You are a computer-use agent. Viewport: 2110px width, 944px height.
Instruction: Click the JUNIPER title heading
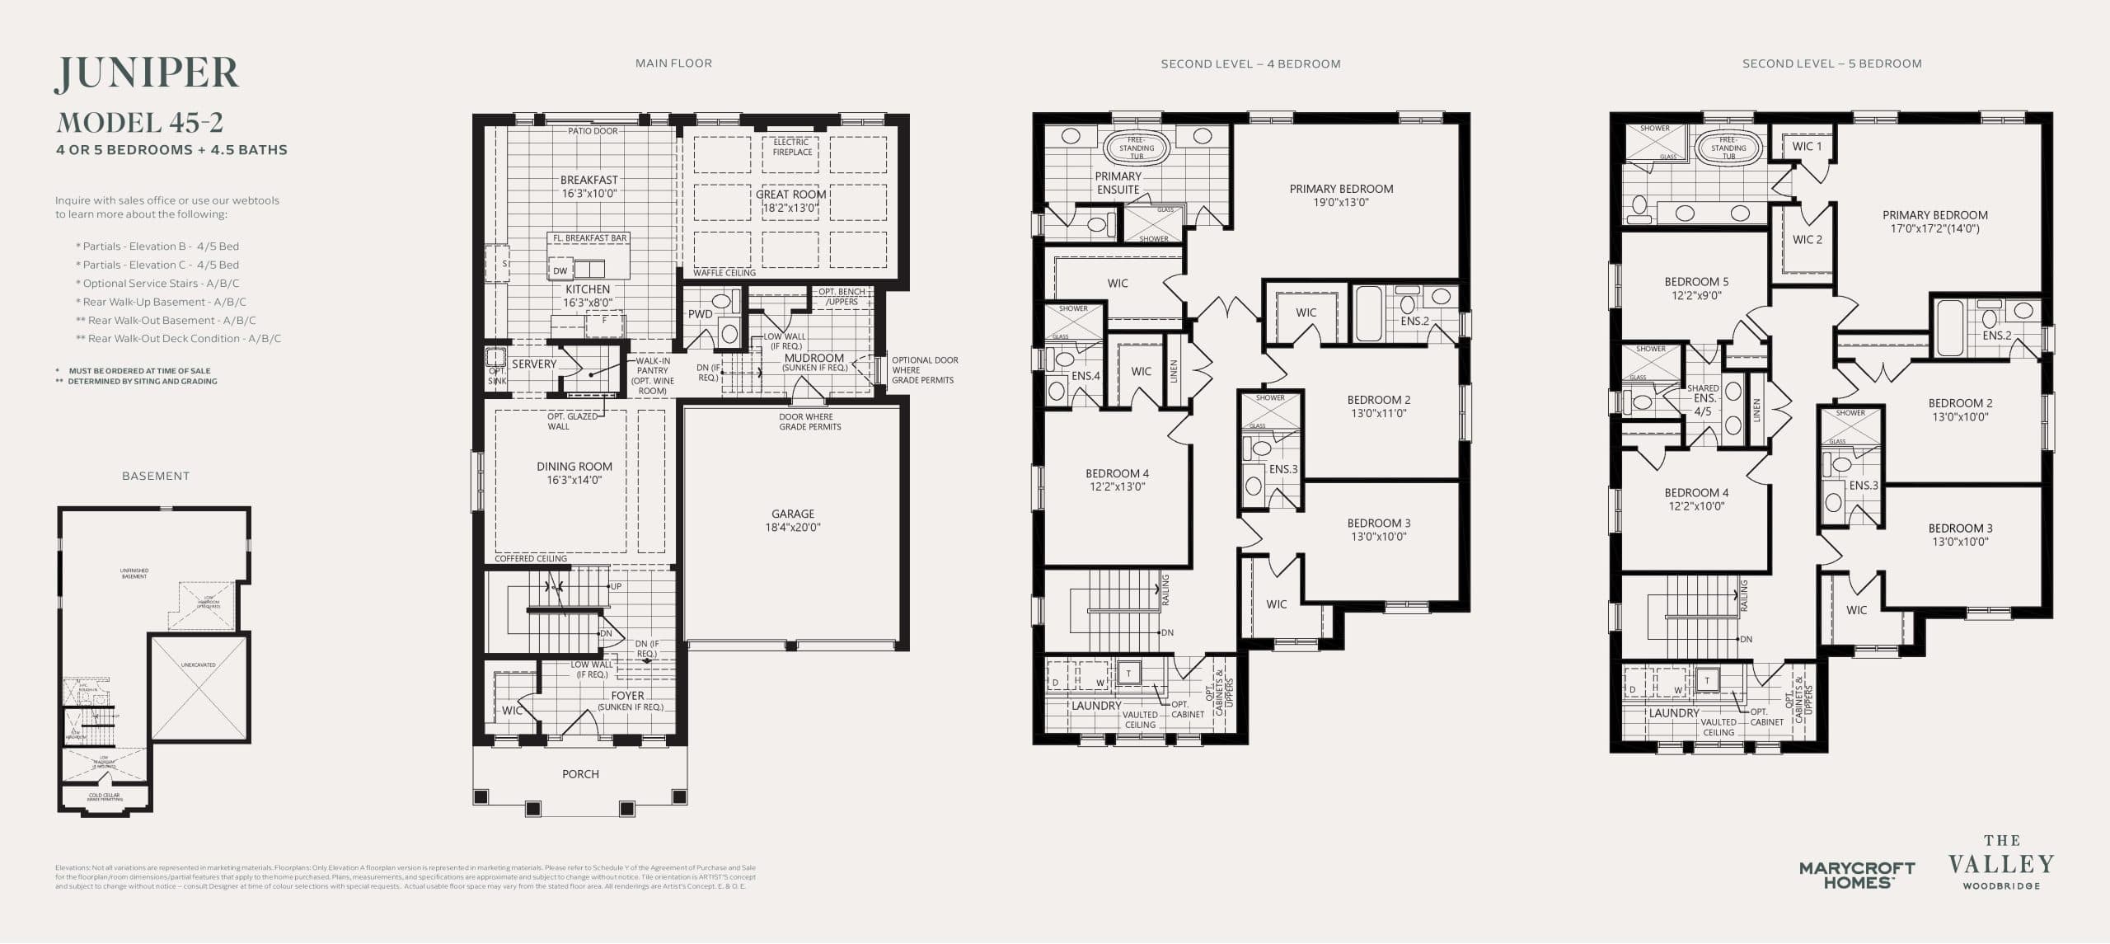[147, 74]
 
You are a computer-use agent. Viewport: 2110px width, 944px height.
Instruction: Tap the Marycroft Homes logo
[1857, 875]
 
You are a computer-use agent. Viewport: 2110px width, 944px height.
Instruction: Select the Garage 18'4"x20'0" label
[792, 520]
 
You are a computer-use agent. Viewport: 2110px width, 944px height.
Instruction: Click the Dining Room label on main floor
[574, 472]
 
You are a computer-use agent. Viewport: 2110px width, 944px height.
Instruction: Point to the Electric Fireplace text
[792, 147]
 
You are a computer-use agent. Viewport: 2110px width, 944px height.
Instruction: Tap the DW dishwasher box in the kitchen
[560, 270]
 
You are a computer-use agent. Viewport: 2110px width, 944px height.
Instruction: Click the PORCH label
[580, 774]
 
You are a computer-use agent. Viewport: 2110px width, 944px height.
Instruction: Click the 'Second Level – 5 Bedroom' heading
[1831, 63]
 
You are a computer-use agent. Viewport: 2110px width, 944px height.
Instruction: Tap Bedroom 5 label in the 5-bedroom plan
[1696, 289]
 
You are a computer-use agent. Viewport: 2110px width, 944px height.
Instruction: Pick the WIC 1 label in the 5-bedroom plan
[1807, 147]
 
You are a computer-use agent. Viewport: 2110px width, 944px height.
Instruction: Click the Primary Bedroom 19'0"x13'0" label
[1341, 195]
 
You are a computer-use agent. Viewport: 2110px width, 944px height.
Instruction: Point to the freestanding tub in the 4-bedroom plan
[1137, 148]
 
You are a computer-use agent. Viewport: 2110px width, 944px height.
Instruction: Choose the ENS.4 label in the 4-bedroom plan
[1085, 376]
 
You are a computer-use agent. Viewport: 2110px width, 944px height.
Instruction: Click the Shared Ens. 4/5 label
[1703, 399]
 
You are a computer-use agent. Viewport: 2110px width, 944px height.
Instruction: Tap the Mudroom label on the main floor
[814, 359]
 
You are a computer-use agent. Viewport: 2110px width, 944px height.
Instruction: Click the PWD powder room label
[700, 314]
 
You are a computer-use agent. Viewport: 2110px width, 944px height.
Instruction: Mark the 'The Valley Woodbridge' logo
[2001, 863]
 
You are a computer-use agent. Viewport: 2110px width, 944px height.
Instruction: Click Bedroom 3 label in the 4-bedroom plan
[1378, 529]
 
